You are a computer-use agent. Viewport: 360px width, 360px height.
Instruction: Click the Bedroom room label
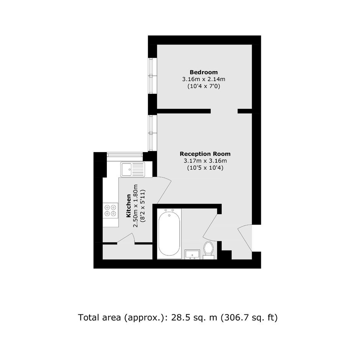pyautogui.click(x=204, y=72)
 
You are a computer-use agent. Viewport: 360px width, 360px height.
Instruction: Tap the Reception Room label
pyautogui.click(x=205, y=154)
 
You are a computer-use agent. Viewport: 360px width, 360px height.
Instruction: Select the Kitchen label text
pyautogui.click(x=129, y=206)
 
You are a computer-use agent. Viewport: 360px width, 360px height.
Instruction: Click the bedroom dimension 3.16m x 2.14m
pyautogui.click(x=204, y=79)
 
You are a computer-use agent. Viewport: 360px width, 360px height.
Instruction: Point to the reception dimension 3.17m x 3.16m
pyautogui.click(x=205, y=161)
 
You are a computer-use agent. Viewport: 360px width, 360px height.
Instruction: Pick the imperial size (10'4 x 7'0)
pyautogui.click(x=204, y=86)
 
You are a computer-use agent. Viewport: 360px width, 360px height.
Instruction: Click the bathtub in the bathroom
pyautogui.click(x=169, y=234)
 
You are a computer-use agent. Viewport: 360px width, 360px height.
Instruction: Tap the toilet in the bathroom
pyautogui.click(x=208, y=250)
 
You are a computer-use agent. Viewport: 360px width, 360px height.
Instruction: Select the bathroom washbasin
pyautogui.click(x=193, y=254)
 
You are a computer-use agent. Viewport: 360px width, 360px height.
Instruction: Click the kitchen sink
pyautogui.click(x=133, y=169)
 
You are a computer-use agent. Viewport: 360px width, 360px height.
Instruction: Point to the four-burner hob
pyautogui.click(x=110, y=211)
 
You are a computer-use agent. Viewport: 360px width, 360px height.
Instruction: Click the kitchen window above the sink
pyautogui.click(x=125, y=155)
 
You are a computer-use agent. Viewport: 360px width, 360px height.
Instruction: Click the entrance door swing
pyautogui.click(x=245, y=238)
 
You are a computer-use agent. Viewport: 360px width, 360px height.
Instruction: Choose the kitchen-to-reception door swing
pyautogui.click(x=164, y=190)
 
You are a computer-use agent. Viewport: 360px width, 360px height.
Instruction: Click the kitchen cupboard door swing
pyautogui.click(x=126, y=238)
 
